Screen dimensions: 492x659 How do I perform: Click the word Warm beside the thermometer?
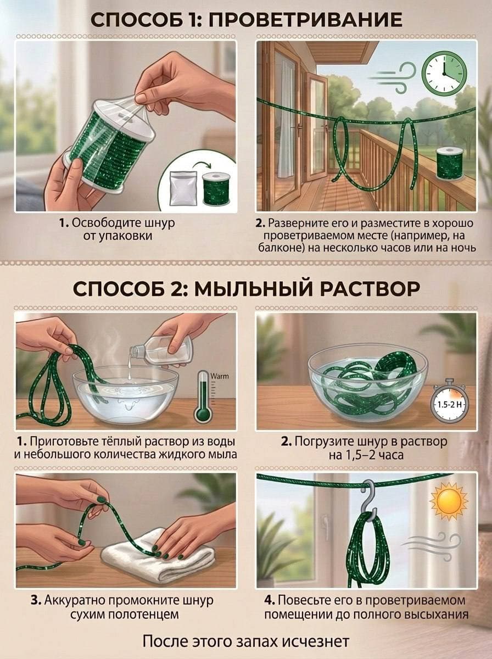(x=220, y=376)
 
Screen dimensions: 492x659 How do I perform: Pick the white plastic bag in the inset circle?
(x=183, y=188)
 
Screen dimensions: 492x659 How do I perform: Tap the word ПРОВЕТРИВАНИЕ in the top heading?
(x=305, y=20)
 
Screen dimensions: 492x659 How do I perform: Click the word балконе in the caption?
(x=277, y=248)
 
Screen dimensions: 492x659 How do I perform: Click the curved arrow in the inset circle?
(x=201, y=166)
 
